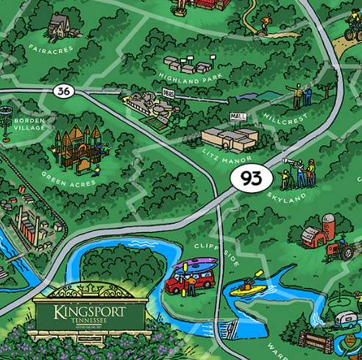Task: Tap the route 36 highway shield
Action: click(x=63, y=91)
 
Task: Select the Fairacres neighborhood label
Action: click(x=50, y=49)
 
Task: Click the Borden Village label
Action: click(x=29, y=124)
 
